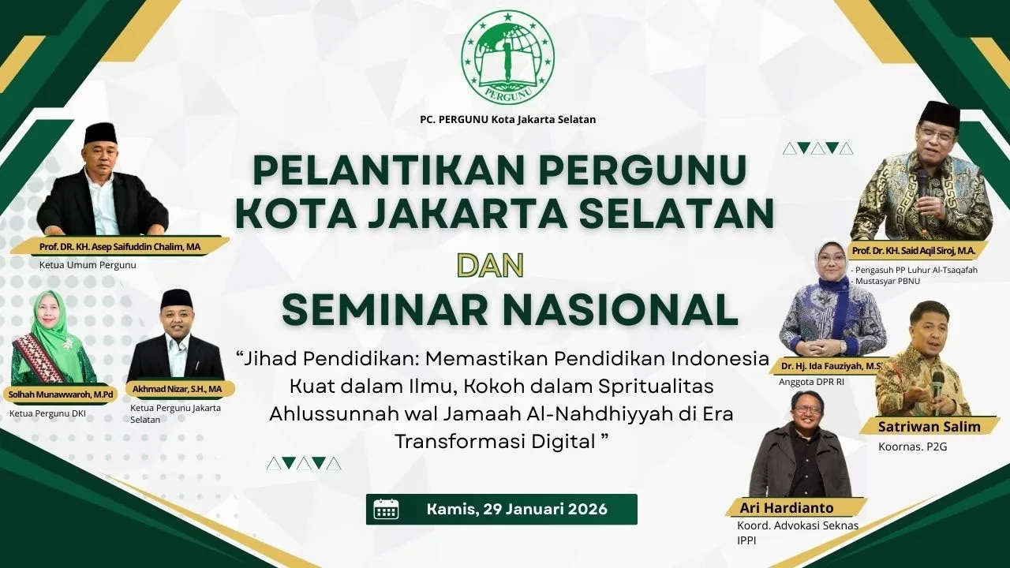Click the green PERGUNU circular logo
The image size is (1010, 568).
point(507,56)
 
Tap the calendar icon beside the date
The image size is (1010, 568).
point(386,510)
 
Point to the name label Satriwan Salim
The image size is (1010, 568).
point(929,427)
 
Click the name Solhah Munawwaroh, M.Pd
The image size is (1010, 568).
point(61,395)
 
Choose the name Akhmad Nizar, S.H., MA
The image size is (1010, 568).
point(177,389)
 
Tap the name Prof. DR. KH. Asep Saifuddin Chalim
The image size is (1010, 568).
point(119,247)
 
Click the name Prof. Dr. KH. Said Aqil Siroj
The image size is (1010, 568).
point(914,251)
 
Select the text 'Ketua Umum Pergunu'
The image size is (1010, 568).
point(88,265)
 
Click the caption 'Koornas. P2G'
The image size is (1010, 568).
point(913,447)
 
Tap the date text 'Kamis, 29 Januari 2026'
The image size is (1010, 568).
point(517,509)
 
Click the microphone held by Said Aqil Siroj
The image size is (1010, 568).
point(922,198)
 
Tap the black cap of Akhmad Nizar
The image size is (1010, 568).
point(176,299)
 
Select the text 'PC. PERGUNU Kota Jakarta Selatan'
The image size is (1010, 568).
point(507,119)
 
